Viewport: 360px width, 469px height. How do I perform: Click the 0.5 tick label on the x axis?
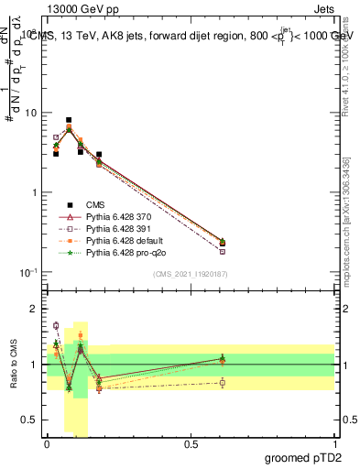coord(191,444)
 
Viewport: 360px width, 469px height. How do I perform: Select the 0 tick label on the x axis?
coord(47,444)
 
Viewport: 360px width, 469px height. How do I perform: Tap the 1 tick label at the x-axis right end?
coord(335,444)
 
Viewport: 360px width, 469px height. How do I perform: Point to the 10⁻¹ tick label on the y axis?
coord(28,272)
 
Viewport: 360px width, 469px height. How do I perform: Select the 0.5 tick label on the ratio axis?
coord(31,420)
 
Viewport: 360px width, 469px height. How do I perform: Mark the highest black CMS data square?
coord(69,120)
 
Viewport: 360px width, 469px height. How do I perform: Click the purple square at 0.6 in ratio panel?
coord(223,383)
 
